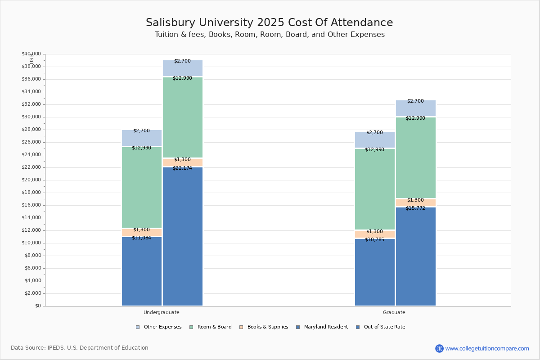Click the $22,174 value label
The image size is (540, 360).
pos(182,168)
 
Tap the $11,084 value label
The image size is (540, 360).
pos(141,238)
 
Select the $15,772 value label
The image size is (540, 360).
pos(415,208)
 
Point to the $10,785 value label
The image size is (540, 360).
pos(374,240)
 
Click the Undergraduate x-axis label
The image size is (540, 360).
pos(161,312)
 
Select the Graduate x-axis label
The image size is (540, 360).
pos(394,312)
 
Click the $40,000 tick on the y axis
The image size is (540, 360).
pos(31,54)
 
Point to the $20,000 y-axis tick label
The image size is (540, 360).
pos(31,180)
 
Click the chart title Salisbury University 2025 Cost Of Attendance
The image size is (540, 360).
pos(269,23)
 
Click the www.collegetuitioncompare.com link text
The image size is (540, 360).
pos(487,349)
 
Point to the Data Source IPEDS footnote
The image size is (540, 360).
pos(80,348)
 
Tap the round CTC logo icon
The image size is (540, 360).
pos(439,349)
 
